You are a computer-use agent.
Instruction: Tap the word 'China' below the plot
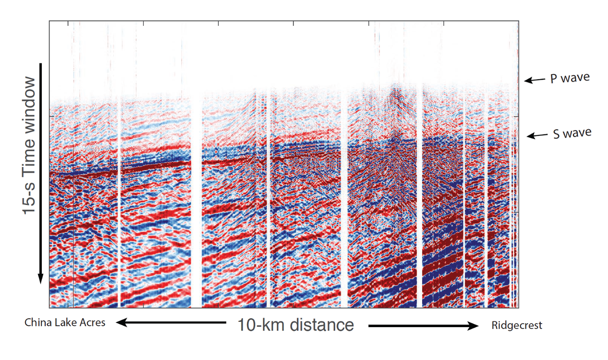click(x=37, y=323)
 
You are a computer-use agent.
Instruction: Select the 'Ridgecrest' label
click(x=517, y=325)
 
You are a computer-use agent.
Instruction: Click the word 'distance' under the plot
click(x=322, y=324)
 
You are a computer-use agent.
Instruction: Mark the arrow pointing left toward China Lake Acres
click(x=171, y=322)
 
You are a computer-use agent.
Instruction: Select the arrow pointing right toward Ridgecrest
click(x=423, y=326)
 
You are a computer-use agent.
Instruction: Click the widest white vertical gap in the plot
click(x=196, y=202)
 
